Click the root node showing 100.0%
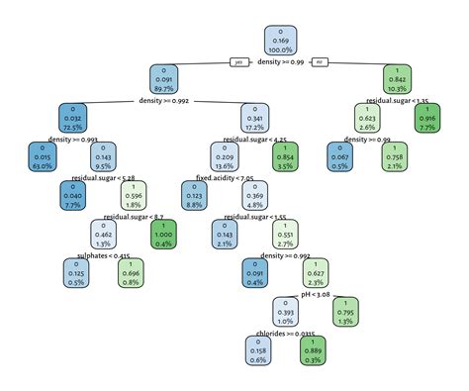[x=282, y=40]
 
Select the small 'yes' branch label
[x=237, y=62]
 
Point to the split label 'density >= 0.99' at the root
[x=281, y=62]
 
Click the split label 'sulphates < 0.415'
[x=102, y=255]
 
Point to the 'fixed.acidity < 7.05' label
[x=225, y=178]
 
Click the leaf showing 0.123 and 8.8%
[x=195, y=194]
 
